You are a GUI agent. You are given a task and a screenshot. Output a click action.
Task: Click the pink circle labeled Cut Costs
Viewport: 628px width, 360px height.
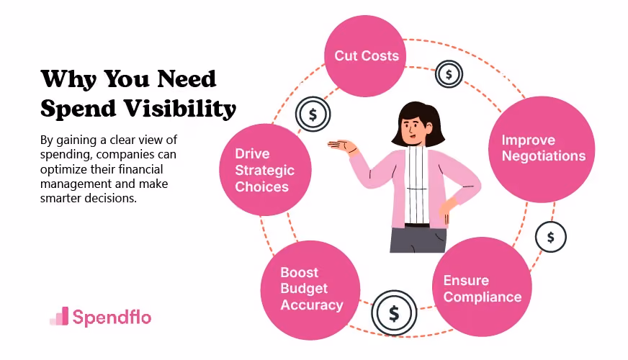click(x=365, y=56)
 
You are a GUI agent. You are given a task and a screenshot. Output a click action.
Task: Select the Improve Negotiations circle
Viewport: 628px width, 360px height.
click(x=542, y=149)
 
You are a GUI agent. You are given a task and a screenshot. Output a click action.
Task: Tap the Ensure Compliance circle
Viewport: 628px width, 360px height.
click(x=482, y=287)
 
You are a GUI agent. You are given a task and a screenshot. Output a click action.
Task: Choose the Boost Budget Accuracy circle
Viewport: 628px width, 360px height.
click(x=310, y=290)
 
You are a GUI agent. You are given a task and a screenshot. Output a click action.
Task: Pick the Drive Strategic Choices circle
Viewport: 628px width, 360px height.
click(x=265, y=170)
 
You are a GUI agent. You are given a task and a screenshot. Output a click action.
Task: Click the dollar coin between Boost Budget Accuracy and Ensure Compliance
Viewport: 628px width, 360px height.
click(x=394, y=313)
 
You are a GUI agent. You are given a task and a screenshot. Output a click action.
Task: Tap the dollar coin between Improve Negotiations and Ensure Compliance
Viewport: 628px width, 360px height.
click(x=551, y=237)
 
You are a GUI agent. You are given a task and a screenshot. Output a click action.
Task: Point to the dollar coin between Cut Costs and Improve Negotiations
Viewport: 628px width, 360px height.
click(x=449, y=74)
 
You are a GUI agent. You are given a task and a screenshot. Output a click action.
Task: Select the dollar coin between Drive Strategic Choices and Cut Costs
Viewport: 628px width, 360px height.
click(x=313, y=114)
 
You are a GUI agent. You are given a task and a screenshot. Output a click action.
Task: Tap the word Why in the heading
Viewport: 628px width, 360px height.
click(x=68, y=79)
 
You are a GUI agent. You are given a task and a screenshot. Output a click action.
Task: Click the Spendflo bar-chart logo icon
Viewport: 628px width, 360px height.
click(x=59, y=316)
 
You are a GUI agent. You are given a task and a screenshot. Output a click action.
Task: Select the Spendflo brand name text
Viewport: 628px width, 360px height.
click(x=112, y=317)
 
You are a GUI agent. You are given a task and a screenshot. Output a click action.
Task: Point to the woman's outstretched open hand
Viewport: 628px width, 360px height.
click(x=342, y=145)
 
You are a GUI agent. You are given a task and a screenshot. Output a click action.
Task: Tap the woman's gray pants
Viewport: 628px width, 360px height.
click(x=418, y=240)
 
